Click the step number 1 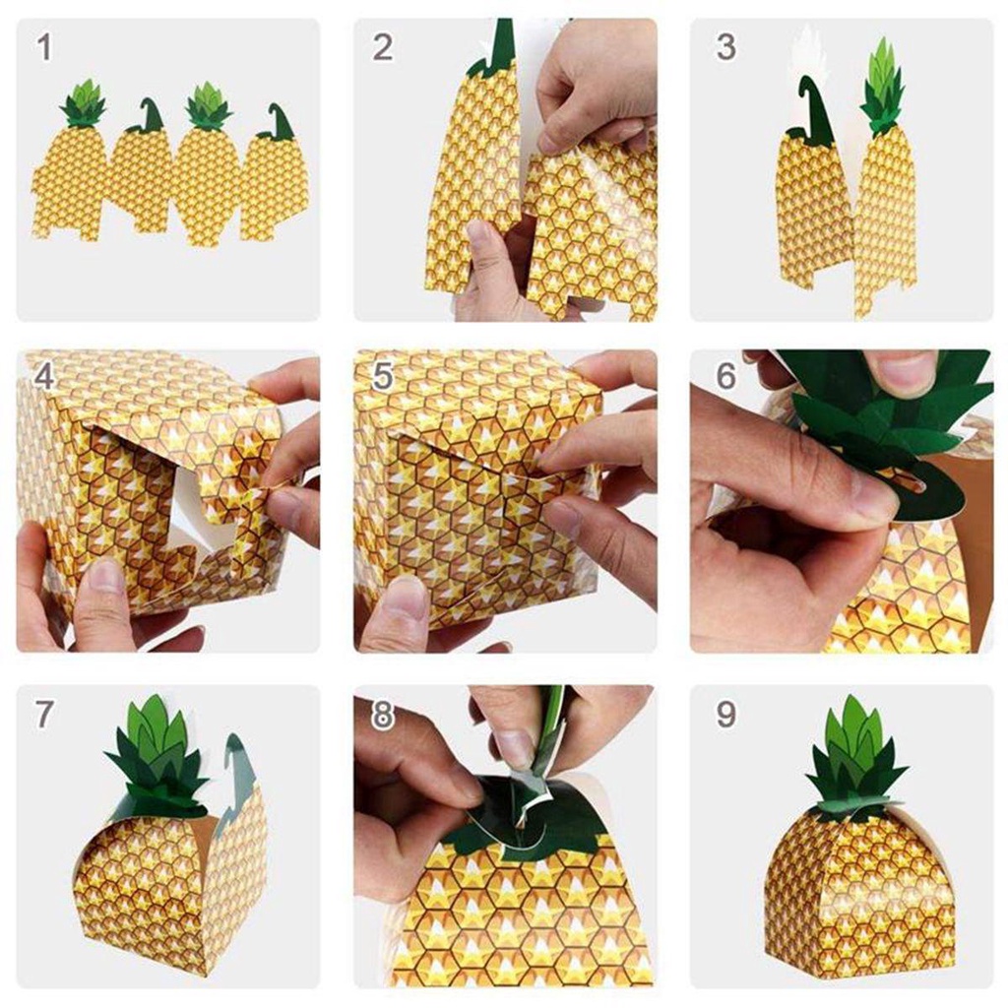point(44,46)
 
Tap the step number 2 point(383,46)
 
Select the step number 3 point(726,46)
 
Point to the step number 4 point(44,377)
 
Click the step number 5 point(383,377)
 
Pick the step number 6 point(726,377)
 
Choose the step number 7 point(44,714)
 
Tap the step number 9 point(726,714)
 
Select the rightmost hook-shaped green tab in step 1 point(278,123)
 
